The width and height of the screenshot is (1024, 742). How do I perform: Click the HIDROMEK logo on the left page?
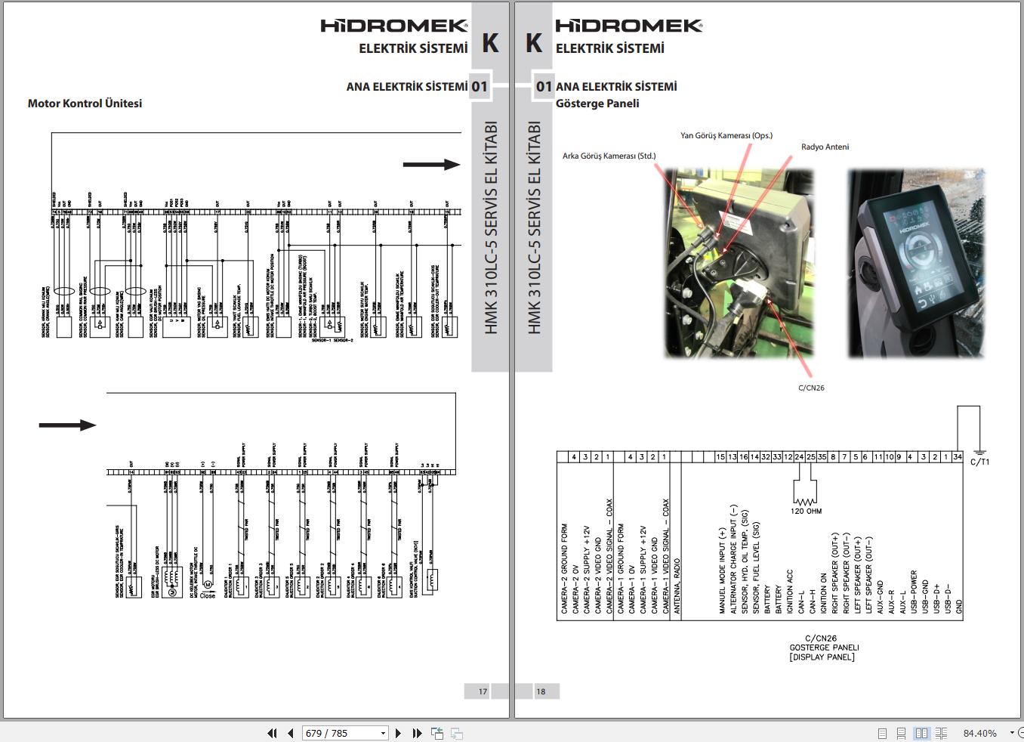pos(394,26)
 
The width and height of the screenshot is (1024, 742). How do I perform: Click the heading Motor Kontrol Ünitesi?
pos(85,104)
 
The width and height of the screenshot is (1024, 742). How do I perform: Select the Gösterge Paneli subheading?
pos(597,104)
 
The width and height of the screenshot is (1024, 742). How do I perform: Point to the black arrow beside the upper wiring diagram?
pos(431,165)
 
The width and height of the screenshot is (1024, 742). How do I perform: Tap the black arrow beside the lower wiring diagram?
pos(67,425)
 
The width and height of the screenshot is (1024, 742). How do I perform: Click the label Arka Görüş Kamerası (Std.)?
pos(609,156)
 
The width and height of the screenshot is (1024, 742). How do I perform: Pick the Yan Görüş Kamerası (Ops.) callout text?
pos(726,136)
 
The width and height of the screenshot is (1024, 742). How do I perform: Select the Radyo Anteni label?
pos(825,147)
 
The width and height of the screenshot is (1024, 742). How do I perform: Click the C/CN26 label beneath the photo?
pos(811,388)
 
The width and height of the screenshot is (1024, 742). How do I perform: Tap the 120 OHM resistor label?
pos(807,512)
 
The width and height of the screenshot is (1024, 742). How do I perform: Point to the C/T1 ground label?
pos(979,462)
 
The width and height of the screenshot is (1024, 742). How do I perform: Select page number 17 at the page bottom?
pos(483,691)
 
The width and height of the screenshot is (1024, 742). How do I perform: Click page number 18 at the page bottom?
pos(541,691)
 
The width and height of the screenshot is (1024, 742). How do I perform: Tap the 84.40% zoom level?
pos(979,733)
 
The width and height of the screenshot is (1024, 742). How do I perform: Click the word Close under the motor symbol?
pos(207,595)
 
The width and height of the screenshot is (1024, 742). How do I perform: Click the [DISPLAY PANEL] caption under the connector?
pos(824,657)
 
